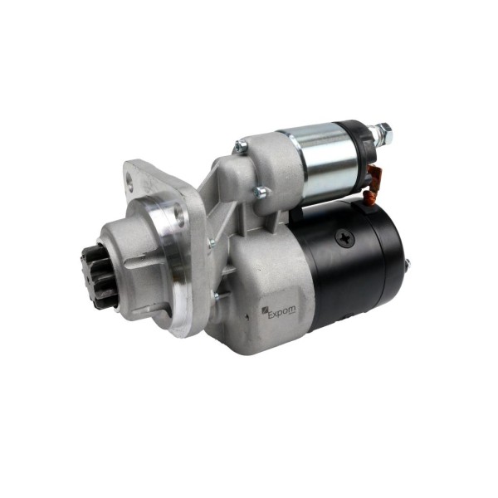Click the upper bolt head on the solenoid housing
pos(241,146)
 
